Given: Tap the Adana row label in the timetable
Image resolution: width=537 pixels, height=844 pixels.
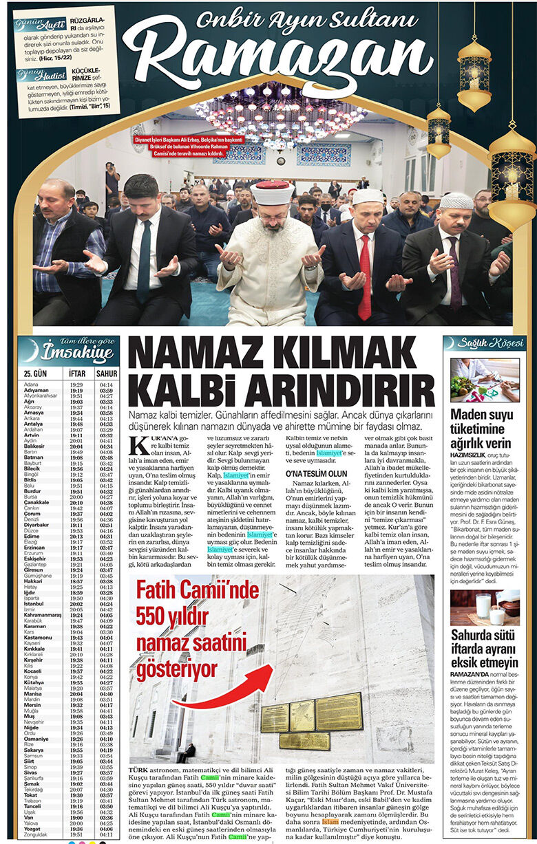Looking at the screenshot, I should [x=31, y=385].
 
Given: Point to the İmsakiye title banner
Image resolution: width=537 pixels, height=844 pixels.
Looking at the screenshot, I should [x=67, y=352].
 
